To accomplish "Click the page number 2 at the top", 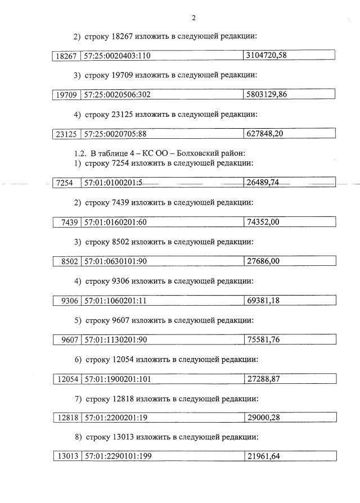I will (193, 17).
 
